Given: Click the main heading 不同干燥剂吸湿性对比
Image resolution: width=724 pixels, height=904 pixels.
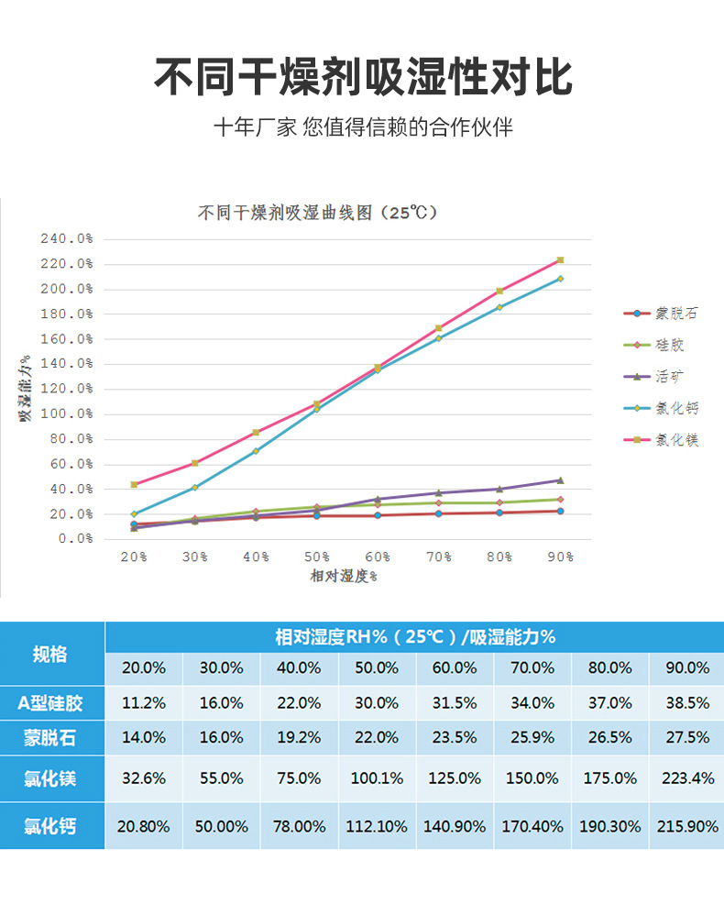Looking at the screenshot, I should (x=362, y=77).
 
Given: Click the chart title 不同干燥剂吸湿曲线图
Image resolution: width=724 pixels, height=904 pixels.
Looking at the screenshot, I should (x=317, y=213).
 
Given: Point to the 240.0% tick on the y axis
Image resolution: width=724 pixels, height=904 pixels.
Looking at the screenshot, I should (x=67, y=239).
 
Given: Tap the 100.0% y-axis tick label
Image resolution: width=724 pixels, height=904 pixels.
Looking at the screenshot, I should (x=67, y=414).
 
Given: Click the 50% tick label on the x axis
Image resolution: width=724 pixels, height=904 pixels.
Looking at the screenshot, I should (x=316, y=557).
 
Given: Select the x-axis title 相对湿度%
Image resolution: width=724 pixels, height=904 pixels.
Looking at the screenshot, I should (x=345, y=576).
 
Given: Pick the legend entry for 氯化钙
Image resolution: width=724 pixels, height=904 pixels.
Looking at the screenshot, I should (x=676, y=408).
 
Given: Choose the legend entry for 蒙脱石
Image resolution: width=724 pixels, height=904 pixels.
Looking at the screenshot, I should (x=676, y=314).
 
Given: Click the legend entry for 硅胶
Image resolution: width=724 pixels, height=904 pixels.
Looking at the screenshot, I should (x=669, y=346).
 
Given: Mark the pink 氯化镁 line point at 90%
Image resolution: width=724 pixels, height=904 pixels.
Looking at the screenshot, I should (x=560, y=260).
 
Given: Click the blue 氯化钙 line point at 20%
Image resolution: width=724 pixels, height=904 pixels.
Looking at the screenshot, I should (x=134, y=513).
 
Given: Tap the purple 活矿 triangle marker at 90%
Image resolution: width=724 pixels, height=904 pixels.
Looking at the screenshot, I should (x=560, y=480).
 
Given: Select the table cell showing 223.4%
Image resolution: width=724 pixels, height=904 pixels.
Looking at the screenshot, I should (x=687, y=778).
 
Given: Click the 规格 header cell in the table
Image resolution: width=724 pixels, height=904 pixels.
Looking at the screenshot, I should (x=50, y=654).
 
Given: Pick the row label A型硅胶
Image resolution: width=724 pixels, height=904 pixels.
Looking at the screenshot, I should (x=50, y=703).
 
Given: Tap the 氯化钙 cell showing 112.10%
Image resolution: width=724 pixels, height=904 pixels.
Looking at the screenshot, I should (x=377, y=826).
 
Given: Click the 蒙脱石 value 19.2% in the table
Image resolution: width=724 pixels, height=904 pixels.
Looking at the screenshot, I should (x=299, y=737).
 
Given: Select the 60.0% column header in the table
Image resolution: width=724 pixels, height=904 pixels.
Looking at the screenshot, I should (x=455, y=668).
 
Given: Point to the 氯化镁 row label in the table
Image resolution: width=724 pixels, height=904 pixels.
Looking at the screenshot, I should (x=50, y=778).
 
